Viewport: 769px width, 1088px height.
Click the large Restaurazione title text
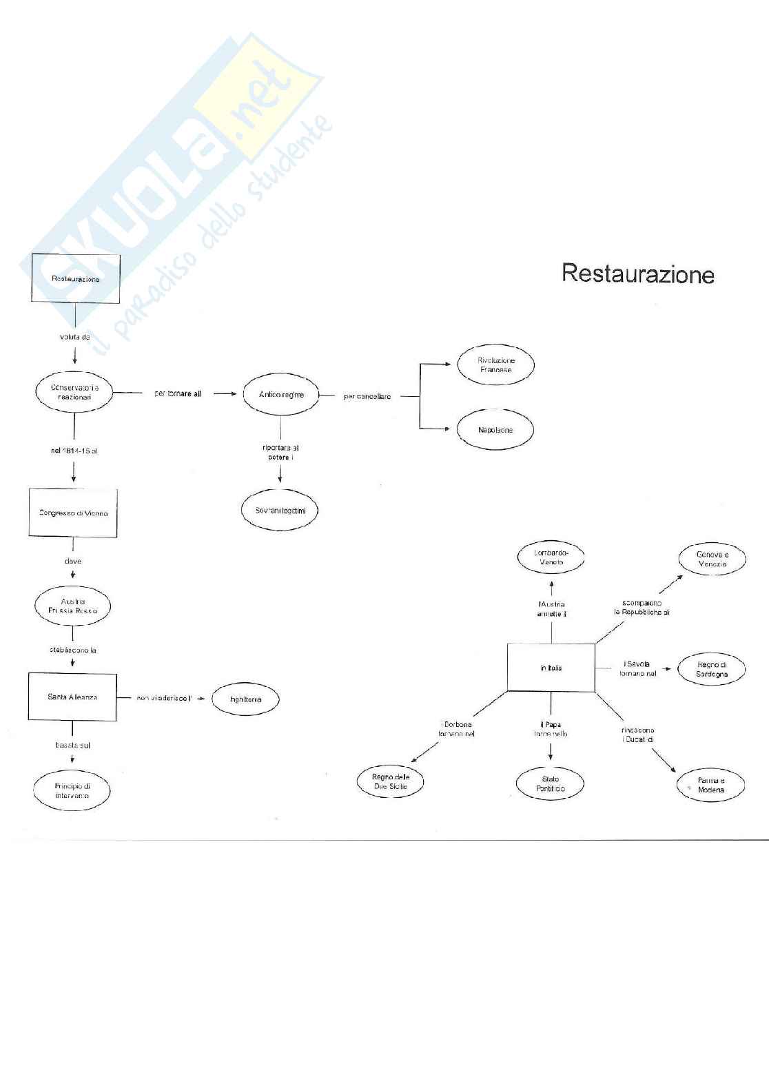[x=637, y=274]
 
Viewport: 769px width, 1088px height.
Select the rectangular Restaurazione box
[x=75, y=278]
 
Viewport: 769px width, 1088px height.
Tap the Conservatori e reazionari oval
[x=74, y=392]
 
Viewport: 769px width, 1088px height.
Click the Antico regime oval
[x=281, y=395]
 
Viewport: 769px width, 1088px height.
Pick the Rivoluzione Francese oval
[x=495, y=365]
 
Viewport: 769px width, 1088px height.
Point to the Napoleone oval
[x=495, y=430]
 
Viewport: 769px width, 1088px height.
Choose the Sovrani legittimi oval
[x=280, y=511]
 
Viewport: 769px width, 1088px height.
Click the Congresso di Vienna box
[x=73, y=513]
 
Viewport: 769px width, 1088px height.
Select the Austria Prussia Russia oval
[x=72, y=606]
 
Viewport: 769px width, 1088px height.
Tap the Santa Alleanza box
[x=72, y=697]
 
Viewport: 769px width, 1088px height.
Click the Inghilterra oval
[x=245, y=699]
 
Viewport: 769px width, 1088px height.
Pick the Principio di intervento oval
[x=72, y=790]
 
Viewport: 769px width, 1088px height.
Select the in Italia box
[x=551, y=668]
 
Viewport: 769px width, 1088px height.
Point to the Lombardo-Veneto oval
[x=551, y=557]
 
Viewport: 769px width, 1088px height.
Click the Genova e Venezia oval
[x=712, y=559]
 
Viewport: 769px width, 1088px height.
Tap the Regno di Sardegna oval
[x=712, y=669]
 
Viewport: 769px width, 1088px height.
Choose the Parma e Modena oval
[x=710, y=785]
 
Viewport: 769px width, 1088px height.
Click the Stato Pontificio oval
[x=550, y=784]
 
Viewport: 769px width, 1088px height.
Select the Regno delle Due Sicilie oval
[x=390, y=781]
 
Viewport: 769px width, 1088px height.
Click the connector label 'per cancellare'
[x=367, y=396]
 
